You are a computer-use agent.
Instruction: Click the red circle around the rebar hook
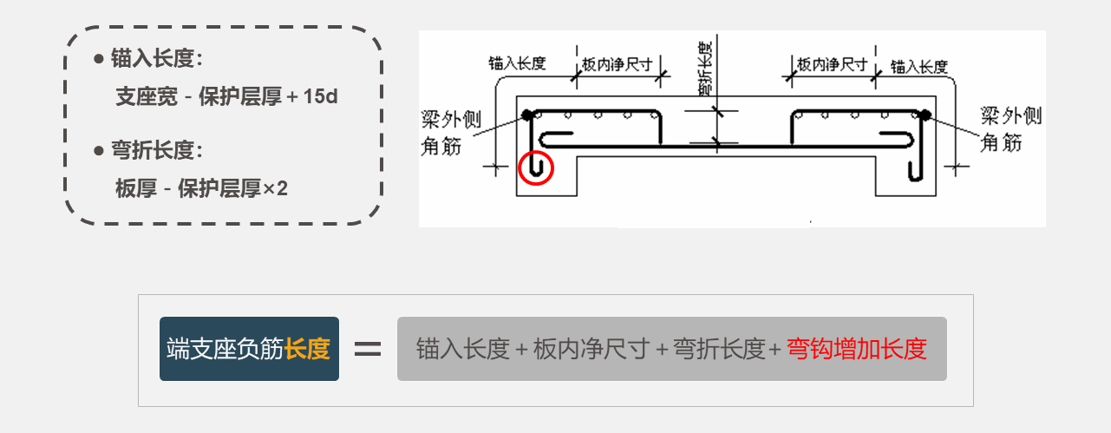pos(535,167)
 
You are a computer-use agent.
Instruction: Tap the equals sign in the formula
pos(368,350)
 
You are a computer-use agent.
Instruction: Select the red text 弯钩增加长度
pos(857,350)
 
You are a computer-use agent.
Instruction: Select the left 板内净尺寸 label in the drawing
pos(617,65)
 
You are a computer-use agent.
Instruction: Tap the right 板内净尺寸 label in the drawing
pos(832,65)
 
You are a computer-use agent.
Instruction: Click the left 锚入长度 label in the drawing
pos(517,63)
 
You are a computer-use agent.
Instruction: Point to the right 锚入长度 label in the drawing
pos(919,66)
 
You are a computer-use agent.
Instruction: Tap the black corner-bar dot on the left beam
pos(526,114)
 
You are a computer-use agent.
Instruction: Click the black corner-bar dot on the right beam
pos(925,114)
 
